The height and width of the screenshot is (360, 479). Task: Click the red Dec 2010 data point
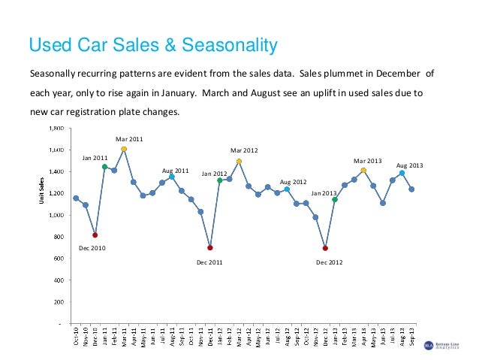point(95,235)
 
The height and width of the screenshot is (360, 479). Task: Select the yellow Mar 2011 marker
point(124,149)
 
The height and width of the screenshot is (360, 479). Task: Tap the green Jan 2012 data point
point(220,180)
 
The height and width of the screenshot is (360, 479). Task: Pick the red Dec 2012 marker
point(325,248)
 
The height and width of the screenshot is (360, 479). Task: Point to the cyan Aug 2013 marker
point(402,173)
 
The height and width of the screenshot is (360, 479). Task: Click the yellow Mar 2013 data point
point(363,171)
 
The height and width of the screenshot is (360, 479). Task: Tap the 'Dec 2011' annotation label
point(209,262)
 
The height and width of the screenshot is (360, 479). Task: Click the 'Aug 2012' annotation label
point(293,182)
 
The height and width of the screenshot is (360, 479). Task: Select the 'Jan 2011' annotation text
point(95,158)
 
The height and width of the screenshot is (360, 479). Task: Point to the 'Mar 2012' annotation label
point(244,150)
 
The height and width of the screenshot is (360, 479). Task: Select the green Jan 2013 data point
point(335,200)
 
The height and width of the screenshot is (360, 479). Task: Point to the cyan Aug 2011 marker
point(172,177)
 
